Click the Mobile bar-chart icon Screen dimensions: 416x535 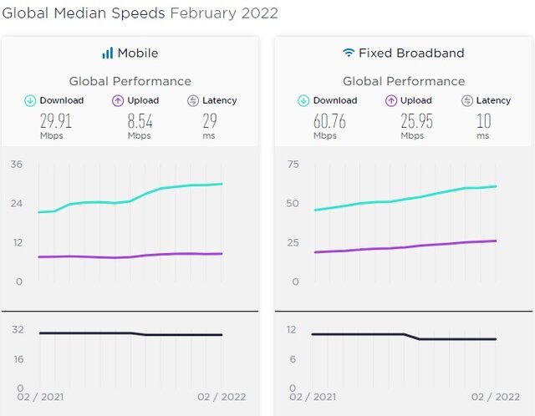click(x=107, y=53)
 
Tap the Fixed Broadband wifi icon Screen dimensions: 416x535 click(x=349, y=53)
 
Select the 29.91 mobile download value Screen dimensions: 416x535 click(x=55, y=120)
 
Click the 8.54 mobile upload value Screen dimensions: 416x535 click(x=140, y=120)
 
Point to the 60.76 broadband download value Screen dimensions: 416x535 click(x=330, y=120)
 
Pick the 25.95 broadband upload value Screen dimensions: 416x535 click(x=415, y=120)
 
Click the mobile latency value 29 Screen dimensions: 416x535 click(x=210, y=120)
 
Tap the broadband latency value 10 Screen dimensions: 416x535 click(x=483, y=120)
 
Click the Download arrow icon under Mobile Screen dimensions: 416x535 click(x=30, y=100)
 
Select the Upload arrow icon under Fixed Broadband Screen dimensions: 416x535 click(x=390, y=100)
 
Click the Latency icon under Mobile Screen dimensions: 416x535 click(x=193, y=100)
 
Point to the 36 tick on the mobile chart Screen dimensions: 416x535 click(x=18, y=163)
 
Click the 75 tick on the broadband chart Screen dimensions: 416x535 click(x=293, y=163)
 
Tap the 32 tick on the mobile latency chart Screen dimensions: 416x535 click(x=18, y=329)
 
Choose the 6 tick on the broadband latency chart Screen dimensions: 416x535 click(x=293, y=359)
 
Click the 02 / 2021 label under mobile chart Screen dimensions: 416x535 click(x=39, y=397)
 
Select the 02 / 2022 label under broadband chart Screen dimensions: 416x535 click(x=495, y=397)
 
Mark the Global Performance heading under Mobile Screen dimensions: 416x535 click(x=130, y=81)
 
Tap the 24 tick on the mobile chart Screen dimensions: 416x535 click(x=18, y=203)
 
